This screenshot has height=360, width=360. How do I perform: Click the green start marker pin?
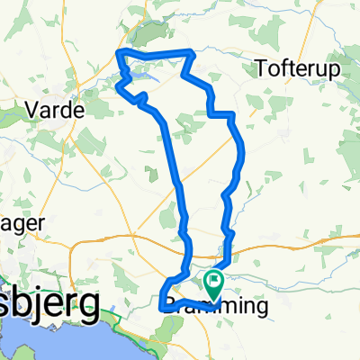point(214,283)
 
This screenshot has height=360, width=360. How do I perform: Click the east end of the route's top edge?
point(192,52)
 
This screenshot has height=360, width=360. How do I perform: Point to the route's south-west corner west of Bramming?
point(163,307)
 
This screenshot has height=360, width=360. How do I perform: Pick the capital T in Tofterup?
point(261,67)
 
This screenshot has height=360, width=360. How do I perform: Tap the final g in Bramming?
point(262,310)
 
